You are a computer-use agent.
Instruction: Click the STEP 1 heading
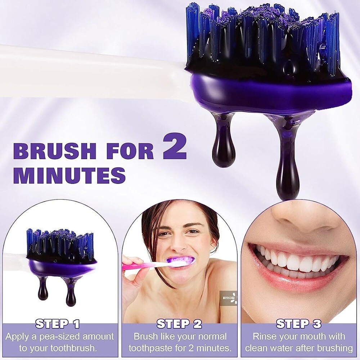[x=58, y=324]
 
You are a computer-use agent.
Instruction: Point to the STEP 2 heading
[x=179, y=324]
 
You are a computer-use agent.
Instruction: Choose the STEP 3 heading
[x=298, y=324]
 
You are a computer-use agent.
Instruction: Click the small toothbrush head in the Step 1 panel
[x=60, y=248]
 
